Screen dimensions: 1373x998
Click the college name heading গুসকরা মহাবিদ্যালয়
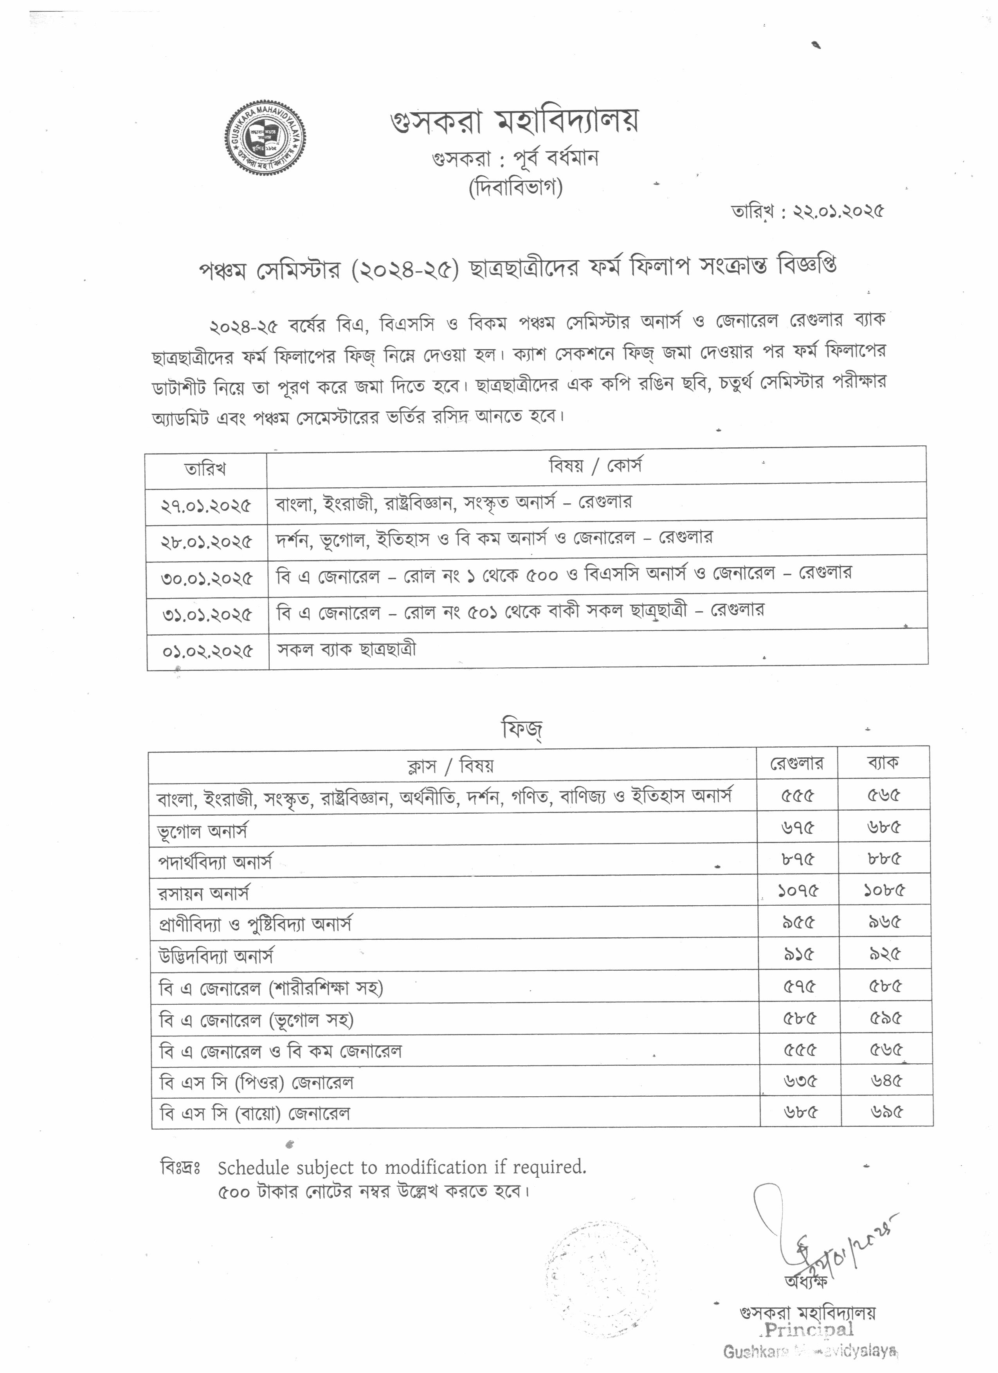pyautogui.click(x=514, y=122)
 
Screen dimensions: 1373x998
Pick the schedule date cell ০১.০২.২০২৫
pyautogui.click(x=207, y=651)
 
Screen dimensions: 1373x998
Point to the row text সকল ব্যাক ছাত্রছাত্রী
pyautogui.click(x=346, y=650)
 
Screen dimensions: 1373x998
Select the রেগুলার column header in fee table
pyautogui.click(x=796, y=763)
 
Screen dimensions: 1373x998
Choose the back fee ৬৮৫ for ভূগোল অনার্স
pyautogui.click(x=884, y=827)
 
